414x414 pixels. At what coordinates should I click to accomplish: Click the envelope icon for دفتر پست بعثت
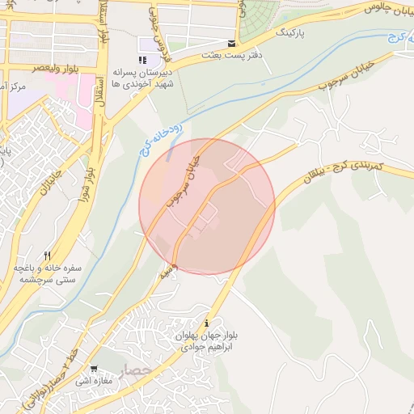(233, 44)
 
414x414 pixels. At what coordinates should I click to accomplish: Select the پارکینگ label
(294, 36)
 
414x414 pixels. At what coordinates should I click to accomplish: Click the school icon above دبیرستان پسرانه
(143, 60)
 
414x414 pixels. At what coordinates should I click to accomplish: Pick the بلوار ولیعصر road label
(38, 70)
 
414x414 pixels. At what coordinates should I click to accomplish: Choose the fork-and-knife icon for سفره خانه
(49, 256)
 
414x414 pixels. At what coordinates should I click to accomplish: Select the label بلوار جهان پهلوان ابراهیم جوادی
(208, 340)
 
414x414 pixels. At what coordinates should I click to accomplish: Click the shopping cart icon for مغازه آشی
(95, 368)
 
